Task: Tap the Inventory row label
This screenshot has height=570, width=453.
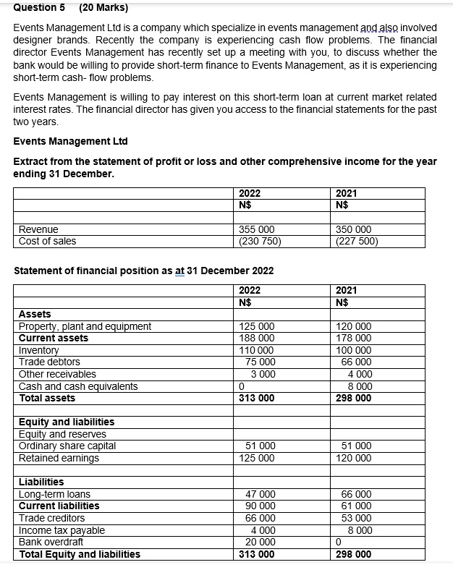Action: (39, 350)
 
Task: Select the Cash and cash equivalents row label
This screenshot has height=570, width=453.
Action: (78, 386)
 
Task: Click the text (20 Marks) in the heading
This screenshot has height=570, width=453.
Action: (103, 8)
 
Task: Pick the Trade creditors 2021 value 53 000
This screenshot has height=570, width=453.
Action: (357, 518)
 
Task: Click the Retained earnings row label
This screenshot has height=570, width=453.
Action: (59, 458)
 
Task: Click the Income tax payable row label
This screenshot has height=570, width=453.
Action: (62, 530)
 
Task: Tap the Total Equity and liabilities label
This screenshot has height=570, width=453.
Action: (80, 554)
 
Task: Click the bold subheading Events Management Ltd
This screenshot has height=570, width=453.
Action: (70, 141)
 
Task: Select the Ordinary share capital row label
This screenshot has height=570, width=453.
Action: (67, 446)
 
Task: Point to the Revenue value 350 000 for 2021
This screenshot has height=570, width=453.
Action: (354, 229)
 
